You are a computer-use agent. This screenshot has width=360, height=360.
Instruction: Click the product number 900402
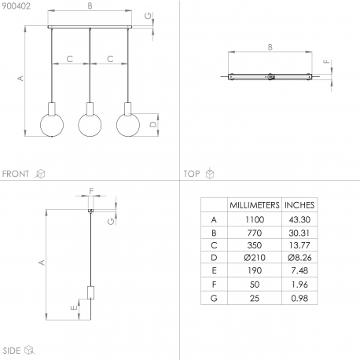(16, 6)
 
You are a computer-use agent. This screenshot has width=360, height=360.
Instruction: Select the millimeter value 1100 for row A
(255, 219)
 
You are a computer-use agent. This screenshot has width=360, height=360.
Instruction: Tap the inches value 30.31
(299, 233)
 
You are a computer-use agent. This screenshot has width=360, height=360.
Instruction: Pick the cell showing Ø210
(255, 258)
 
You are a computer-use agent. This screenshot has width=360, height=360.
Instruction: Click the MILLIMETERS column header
(255, 205)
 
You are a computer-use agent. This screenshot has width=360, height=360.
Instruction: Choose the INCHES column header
(299, 205)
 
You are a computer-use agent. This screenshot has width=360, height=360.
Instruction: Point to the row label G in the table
(214, 298)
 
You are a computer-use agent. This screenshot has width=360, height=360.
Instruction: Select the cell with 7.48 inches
(299, 270)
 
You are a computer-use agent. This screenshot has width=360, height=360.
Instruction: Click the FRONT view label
(16, 174)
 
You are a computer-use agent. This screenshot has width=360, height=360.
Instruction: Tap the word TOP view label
(192, 174)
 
